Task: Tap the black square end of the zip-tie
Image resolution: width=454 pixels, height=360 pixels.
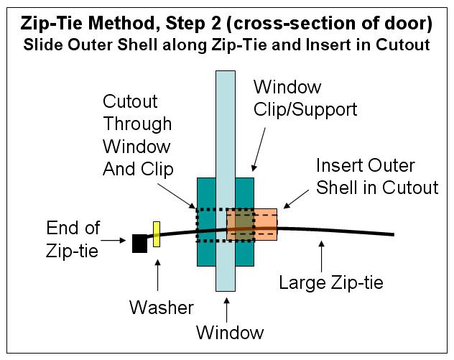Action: [139, 244]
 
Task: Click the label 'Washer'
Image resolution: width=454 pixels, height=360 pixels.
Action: [162, 308]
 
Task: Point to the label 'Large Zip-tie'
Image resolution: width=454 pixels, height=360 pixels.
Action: [331, 282]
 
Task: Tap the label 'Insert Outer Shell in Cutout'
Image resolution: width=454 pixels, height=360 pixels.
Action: [377, 177]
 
